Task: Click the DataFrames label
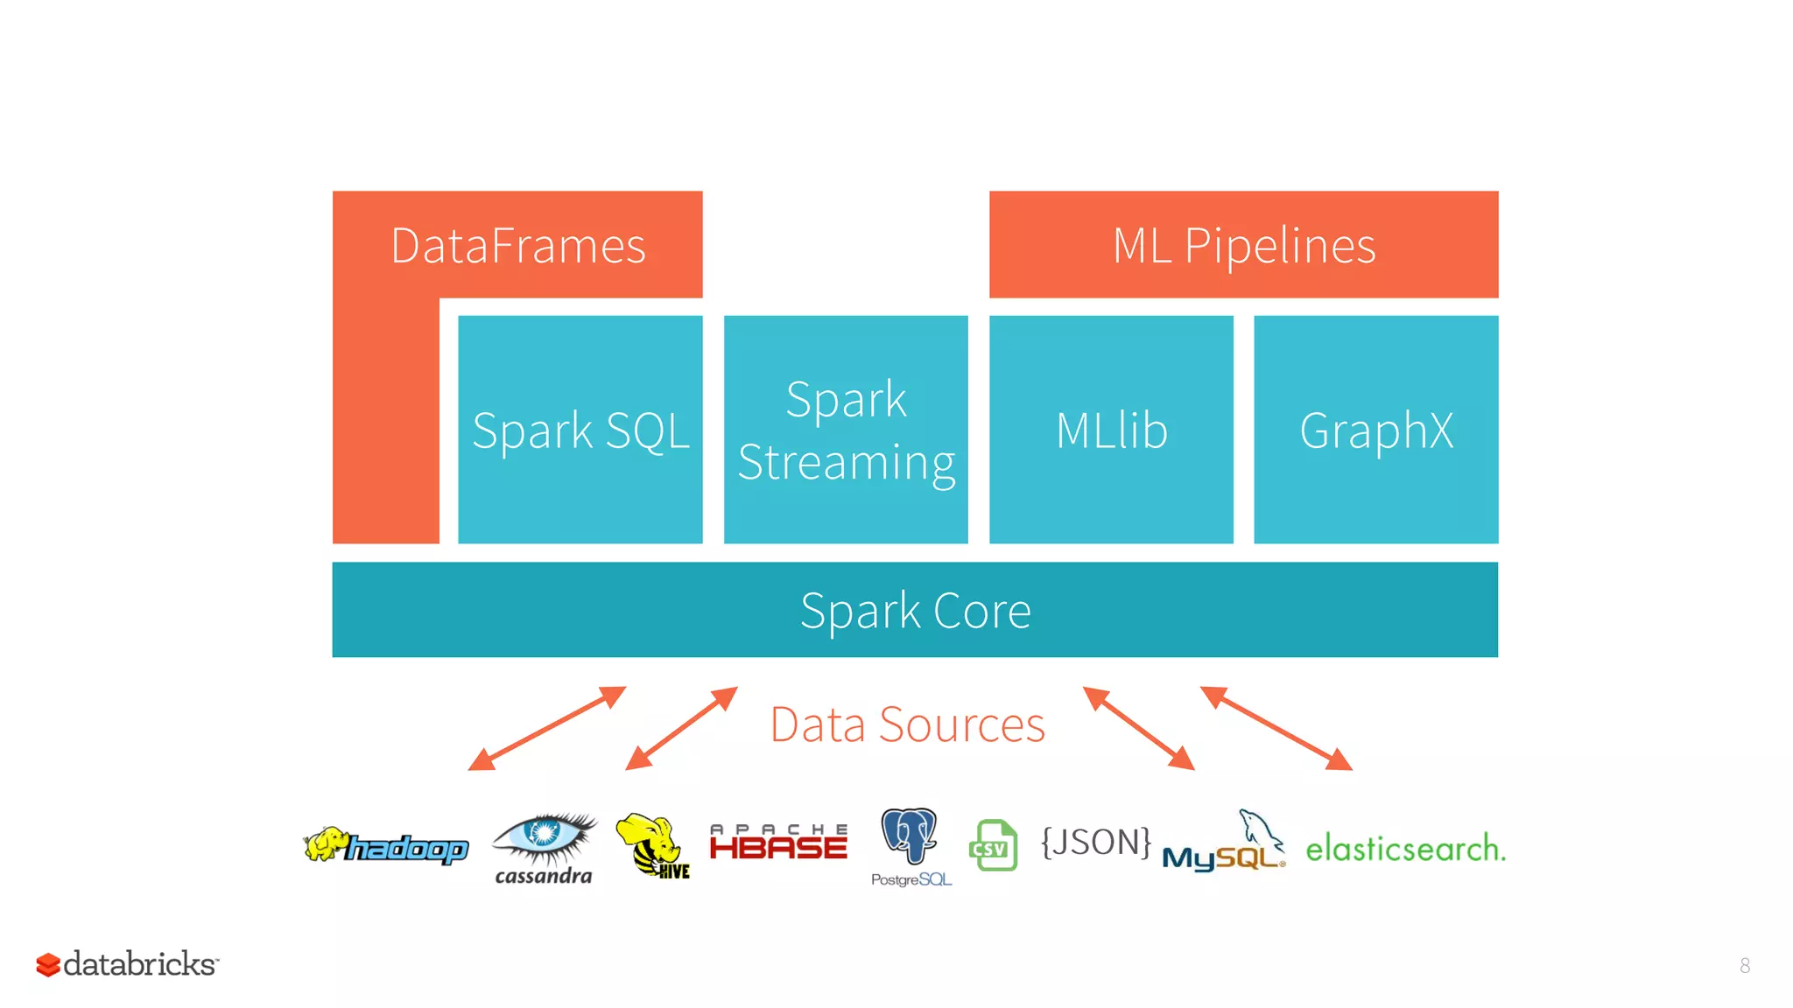coord(517,246)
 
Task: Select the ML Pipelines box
coord(1243,245)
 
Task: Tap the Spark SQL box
coord(580,430)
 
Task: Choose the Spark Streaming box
coord(846,430)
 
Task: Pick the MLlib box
coord(1111,430)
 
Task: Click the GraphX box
coord(1375,430)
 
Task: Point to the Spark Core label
coord(915,610)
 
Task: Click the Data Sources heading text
coord(907,724)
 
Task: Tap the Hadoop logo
coord(386,846)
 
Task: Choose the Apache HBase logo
coord(778,842)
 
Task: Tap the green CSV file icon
coord(993,845)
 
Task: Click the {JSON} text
coord(1095,842)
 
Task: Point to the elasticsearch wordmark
coord(1404,848)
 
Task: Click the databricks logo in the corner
coord(127,964)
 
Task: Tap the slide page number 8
coord(1744,965)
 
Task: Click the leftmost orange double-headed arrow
coord(547,728)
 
